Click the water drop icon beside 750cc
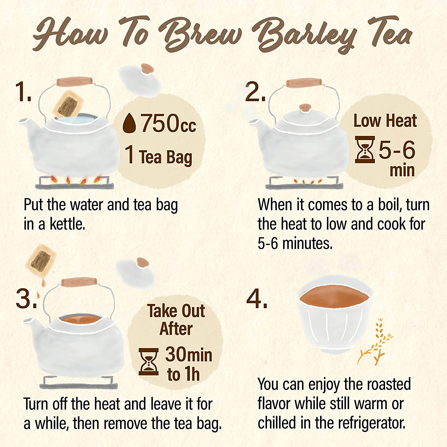pos(129,123)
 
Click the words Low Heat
pos(385,121)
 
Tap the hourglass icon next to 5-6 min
pos(365,150)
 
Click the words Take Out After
pos(176,320)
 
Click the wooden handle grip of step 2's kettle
pos(304,83)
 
